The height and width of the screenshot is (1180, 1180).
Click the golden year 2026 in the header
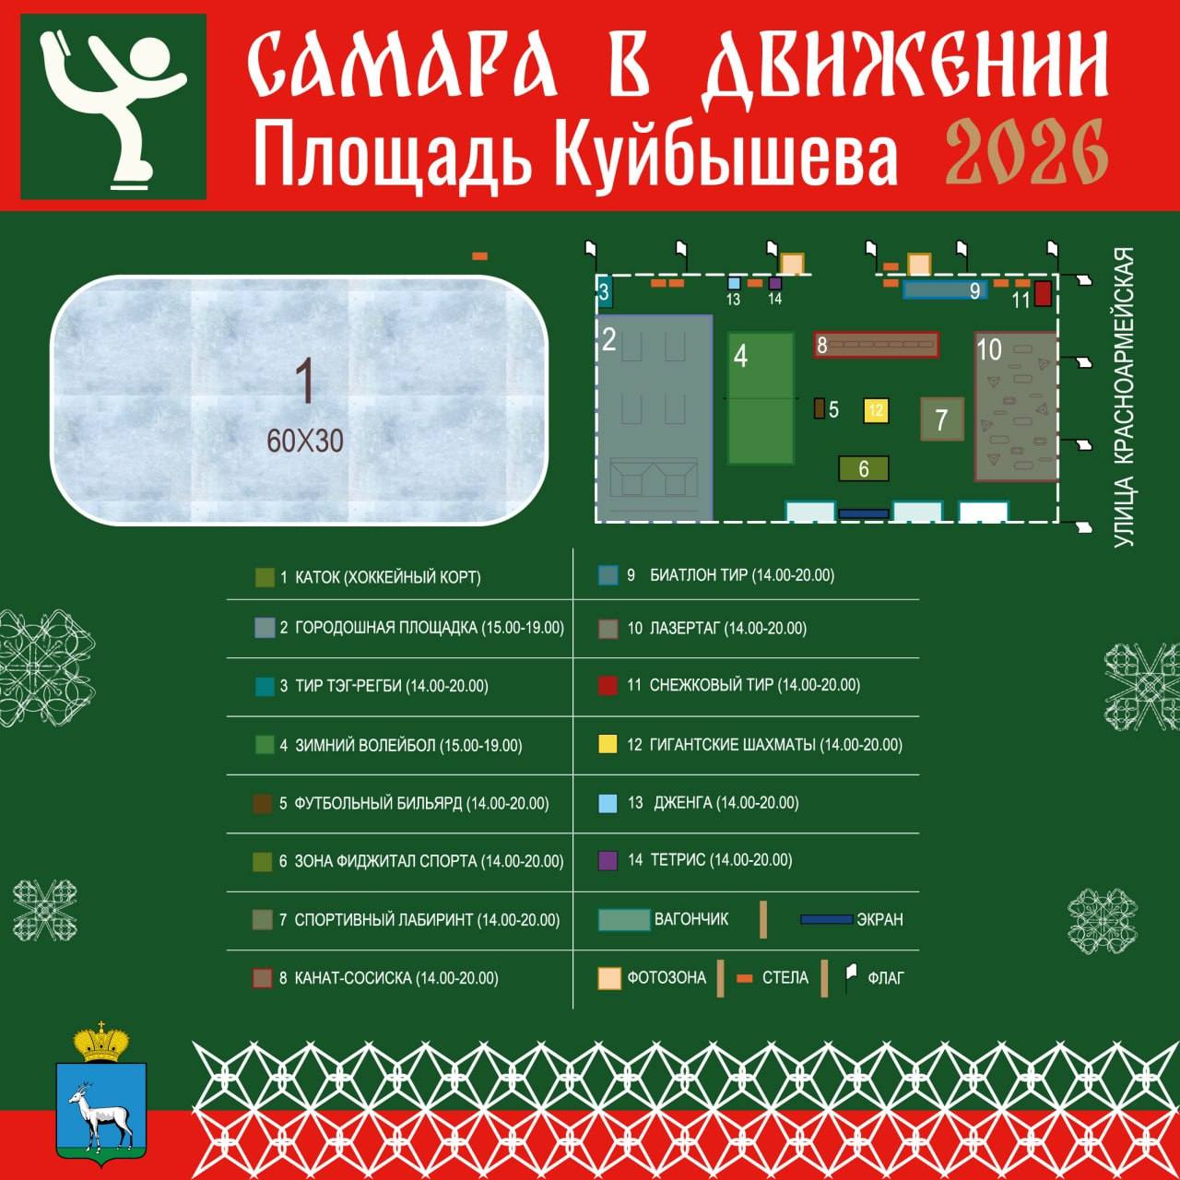point(1027,151)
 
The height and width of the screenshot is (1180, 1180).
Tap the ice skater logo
point(113,107)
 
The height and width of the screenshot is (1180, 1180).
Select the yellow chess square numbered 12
point(876,410)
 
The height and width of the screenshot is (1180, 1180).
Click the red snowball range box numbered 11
point(1043,294)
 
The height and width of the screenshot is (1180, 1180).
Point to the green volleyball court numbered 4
point(761,398)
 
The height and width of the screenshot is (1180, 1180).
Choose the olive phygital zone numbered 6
point(864,468)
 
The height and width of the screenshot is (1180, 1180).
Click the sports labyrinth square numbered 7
point(942,419)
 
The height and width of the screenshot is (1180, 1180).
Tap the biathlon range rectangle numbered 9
point(945,289)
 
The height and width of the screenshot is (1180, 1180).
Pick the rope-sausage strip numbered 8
point(876,345)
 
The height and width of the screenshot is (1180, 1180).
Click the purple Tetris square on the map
point(775,284)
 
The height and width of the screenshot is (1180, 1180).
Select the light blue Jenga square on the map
point(734,284)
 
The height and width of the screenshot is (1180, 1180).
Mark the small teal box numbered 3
point(605,293)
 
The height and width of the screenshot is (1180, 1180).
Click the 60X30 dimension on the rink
point(305,441)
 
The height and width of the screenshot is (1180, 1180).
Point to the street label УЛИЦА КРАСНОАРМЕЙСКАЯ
point(1124,396)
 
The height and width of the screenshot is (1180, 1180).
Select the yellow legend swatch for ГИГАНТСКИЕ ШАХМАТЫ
point(608,744)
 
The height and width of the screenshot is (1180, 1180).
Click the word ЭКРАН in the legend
point(879,919)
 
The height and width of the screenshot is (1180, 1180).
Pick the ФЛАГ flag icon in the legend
point(851,978)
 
